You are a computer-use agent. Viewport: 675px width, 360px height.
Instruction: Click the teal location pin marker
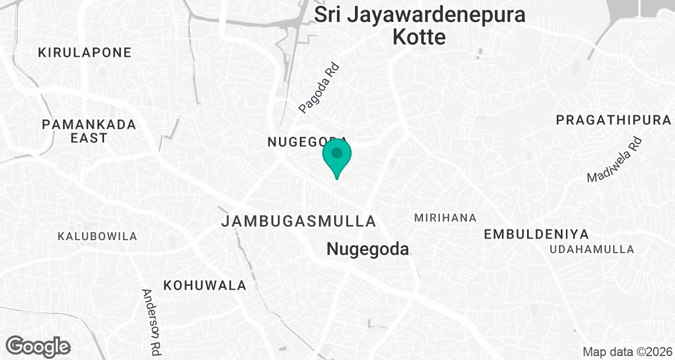(337, 155)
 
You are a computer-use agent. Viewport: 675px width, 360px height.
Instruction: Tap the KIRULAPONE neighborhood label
(84, 53)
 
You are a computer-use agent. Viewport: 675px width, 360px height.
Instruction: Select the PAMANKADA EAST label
(89, 130)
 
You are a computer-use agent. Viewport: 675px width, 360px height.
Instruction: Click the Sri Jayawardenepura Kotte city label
(420, 26)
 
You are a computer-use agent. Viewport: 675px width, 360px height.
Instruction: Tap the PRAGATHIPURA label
(614, 120)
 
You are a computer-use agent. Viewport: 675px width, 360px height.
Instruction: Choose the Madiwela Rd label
(614, 160)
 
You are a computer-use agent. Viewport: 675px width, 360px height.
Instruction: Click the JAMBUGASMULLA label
(298, 220)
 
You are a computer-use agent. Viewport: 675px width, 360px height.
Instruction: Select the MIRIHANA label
(445, 218)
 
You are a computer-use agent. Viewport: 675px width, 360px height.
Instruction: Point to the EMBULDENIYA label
(536, 234)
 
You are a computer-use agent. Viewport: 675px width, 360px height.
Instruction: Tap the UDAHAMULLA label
(592, 249)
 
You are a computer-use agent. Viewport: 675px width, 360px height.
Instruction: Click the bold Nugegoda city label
(368, 249)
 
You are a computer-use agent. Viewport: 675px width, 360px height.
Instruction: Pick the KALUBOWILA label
(97, 236)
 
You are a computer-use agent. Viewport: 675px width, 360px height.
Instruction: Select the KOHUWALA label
(205, 285)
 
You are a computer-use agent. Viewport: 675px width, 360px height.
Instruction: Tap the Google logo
(38, 346)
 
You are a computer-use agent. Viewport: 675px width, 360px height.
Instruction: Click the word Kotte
(419, 37)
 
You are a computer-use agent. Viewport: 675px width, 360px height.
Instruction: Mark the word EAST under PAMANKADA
(89, 138)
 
